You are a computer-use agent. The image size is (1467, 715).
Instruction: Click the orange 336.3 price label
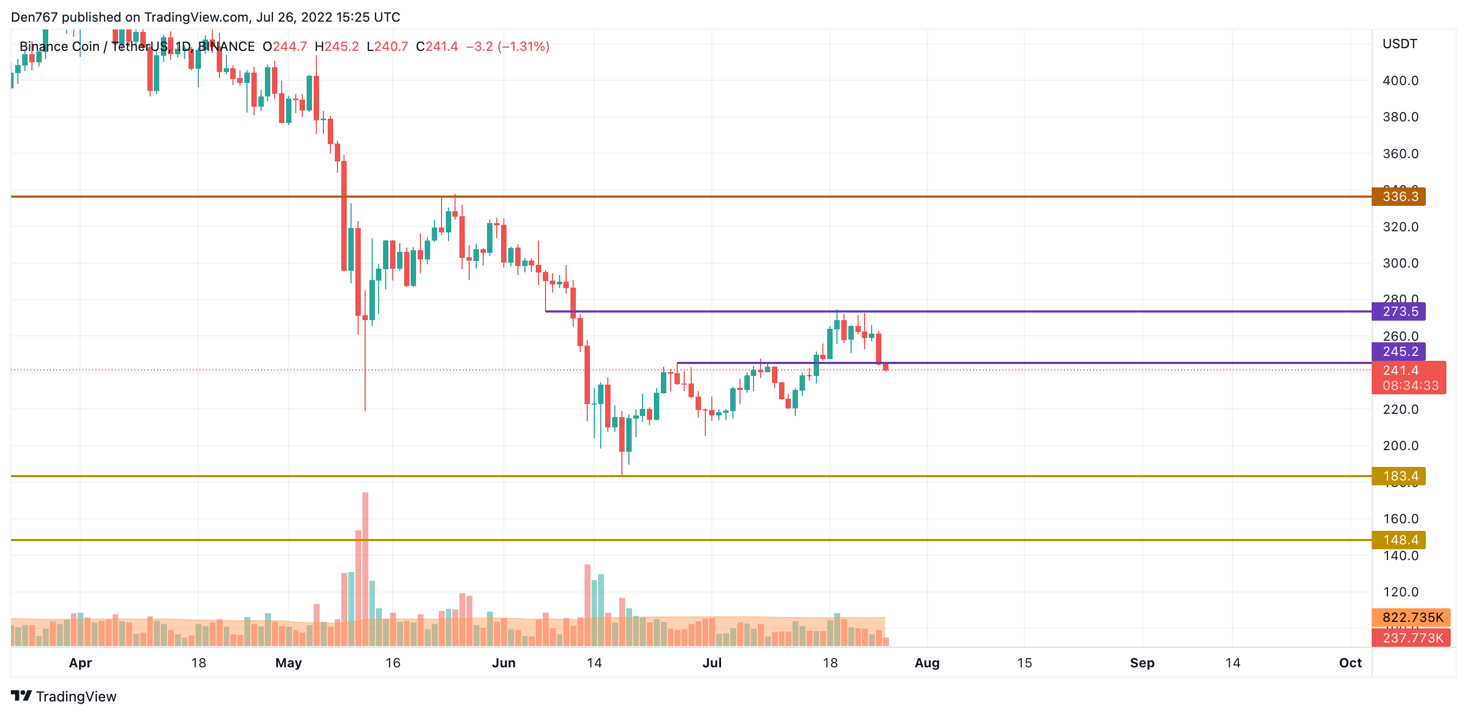(1399, 197)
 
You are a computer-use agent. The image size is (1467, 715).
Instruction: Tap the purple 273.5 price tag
(1399, 311)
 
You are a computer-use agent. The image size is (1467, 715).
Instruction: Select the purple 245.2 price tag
(1399, 351)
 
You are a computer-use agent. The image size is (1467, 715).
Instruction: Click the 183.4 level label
(1399, 476)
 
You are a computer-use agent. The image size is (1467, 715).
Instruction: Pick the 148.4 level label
(1399, 539)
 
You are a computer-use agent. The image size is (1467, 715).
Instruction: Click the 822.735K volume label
(1411, 617)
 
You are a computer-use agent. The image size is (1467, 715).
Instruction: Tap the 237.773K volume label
(1411, 638)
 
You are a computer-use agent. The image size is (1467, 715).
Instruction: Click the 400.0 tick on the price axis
(1400, 81)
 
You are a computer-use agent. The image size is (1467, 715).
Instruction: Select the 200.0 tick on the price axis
(1400, 446)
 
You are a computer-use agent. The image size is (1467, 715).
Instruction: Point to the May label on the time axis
(288, 662)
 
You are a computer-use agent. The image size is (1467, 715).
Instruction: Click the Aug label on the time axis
(926, 662)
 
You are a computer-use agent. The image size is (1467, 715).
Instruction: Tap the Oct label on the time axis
(1349, 662)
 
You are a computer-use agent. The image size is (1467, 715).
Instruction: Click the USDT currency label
(1399, 44)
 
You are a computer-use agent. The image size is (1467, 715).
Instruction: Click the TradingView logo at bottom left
(63, 696)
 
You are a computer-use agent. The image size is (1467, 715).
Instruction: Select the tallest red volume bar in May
(365, 569)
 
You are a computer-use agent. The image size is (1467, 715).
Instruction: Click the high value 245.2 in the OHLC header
(341, 47)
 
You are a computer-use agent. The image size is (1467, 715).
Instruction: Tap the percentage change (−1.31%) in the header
(523, 47)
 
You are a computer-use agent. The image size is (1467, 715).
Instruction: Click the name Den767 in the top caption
(34, 17)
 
